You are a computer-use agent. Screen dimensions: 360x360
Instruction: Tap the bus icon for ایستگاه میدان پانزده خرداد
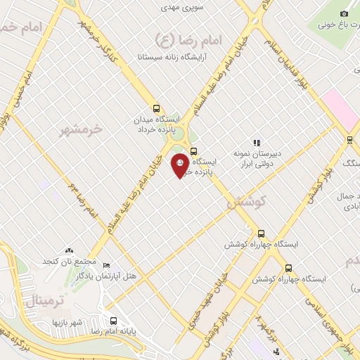[156, 109]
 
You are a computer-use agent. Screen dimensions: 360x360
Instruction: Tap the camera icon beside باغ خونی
[344, 13]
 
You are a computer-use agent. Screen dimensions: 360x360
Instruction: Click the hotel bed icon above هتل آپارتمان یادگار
[106, 265]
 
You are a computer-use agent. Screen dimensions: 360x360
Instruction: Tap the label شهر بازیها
[67, 322]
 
